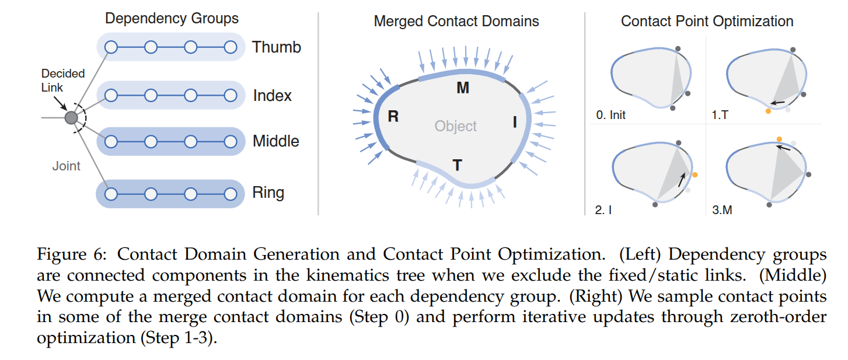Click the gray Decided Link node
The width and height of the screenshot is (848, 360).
(71, 118)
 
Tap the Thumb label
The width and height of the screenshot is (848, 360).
(276, 47)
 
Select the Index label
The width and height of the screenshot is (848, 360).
(272, 95)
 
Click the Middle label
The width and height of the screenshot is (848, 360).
(275, 141)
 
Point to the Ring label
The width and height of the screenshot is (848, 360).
(268, 192)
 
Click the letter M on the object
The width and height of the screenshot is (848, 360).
(463, 88)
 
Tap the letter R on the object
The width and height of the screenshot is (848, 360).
(393, 117)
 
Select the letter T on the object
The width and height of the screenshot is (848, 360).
(458, 165)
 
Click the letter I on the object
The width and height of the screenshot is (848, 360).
(515, 122)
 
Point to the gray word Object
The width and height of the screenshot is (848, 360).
(455, 126)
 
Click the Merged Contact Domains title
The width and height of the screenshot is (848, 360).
(456, 22)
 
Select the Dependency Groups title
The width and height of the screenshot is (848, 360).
(172, 18)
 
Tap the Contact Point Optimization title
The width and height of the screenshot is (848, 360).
(707, 22)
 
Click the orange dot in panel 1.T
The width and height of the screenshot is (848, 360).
(768, 111)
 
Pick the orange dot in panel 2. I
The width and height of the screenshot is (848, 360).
(695, 174)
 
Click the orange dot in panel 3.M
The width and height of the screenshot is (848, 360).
(779, 139)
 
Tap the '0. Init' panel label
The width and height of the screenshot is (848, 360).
(610, 114)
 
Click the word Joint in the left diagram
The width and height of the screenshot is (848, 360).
(66, 166)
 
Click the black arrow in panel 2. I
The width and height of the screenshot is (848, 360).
(682, 179)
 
